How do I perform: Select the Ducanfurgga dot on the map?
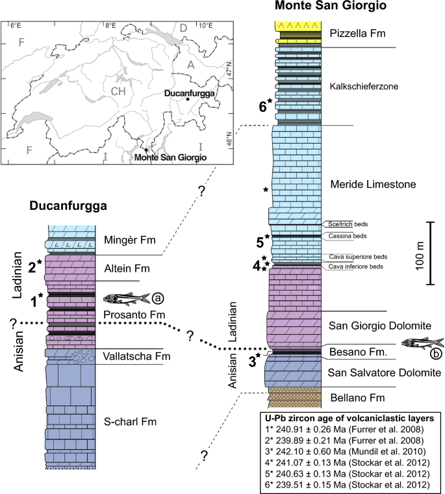pos(188,100)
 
